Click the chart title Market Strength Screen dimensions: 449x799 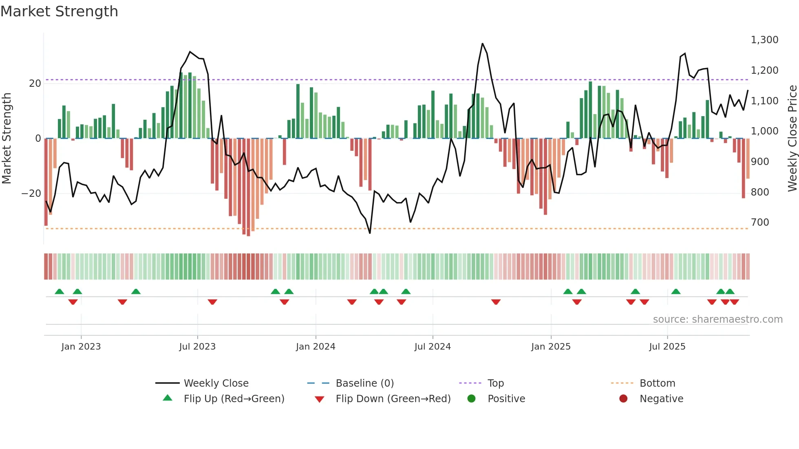(x=59, y=11)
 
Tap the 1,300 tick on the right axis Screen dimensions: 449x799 (x=764, y=40)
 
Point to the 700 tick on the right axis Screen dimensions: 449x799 (x=760, y=222)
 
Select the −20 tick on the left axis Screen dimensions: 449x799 (x=31, y=194)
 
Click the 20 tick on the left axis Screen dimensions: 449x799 (x=35, y=84)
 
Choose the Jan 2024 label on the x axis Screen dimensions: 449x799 (x=316, y=347)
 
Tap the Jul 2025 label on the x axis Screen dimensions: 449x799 (x=667, y=347)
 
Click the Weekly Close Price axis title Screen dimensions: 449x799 (x=792, y=138)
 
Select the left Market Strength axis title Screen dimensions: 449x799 (x=7, y=138)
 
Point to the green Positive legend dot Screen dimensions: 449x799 (x=471, y=399)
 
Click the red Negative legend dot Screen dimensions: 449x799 (x=623, y=399)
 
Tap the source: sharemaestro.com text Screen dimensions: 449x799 (x=717, y=319)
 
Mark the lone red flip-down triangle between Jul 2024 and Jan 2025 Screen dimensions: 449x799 (x=496, y=302)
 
